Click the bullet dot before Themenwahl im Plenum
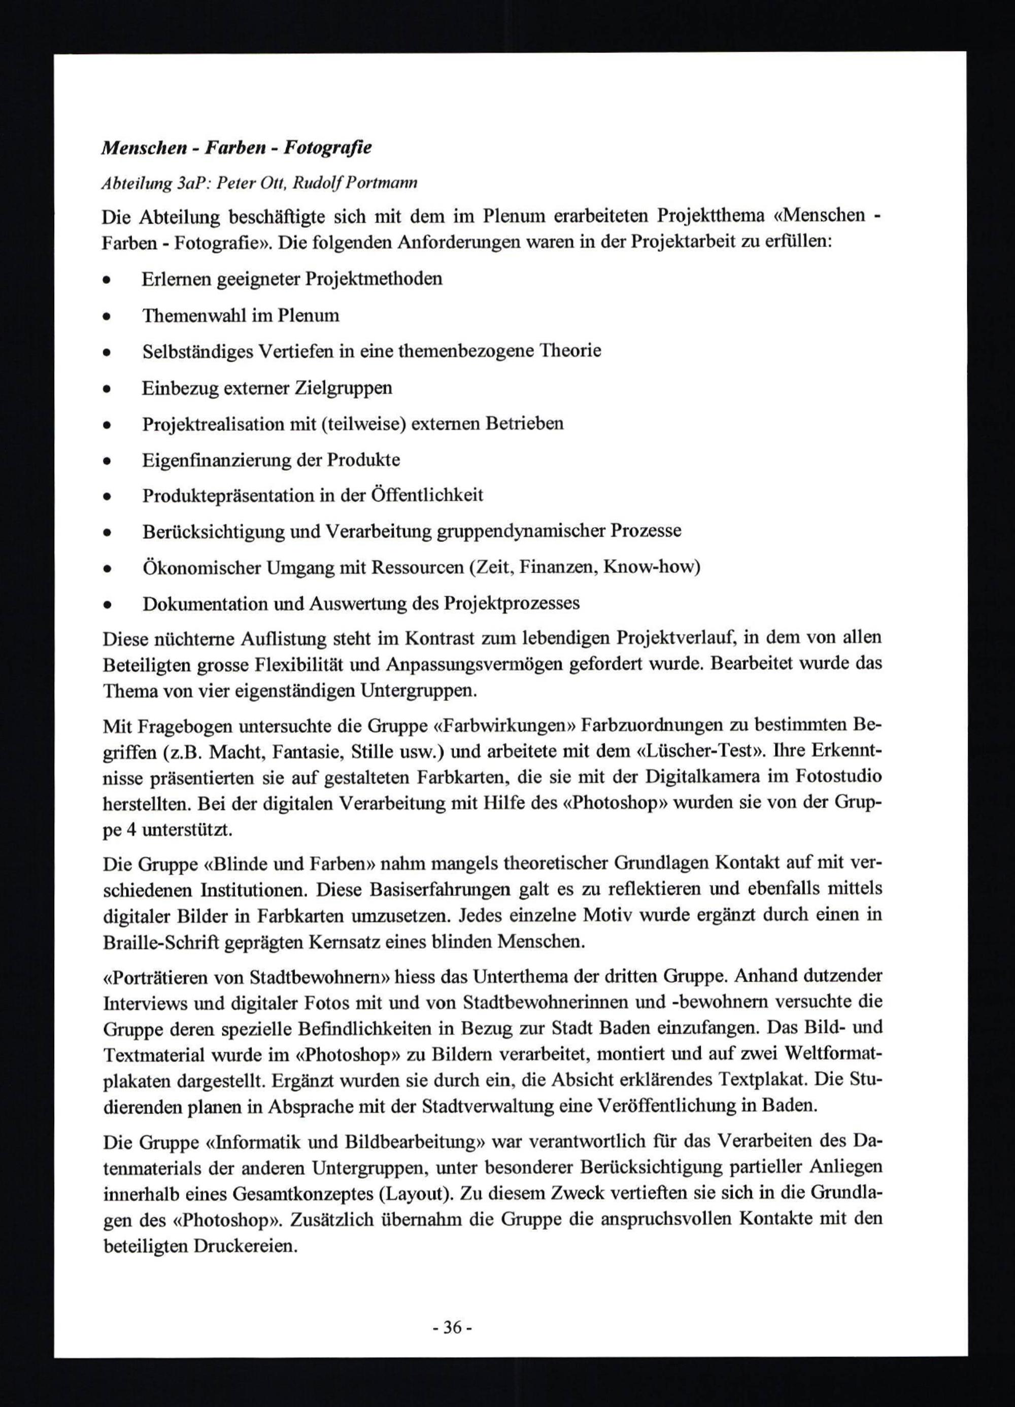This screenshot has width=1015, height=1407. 107,317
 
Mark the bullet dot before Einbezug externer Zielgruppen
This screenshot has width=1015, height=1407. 107,389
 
